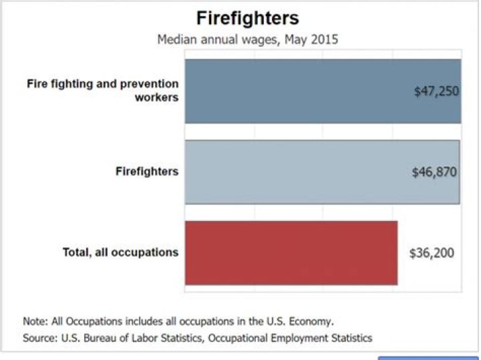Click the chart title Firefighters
[247, 17]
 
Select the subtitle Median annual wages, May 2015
[247, 39]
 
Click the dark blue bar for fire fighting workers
[301, 92]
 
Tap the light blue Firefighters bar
[301, 172]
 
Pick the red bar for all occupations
[291, 252]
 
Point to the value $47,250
[436, 92]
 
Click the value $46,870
[434, 172]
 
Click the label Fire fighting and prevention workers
[103, 91]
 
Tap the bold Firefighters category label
[147, 172]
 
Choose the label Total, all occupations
[120, 252]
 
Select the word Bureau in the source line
[100, 338]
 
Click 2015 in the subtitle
[325, 39]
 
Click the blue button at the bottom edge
[428, 357]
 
